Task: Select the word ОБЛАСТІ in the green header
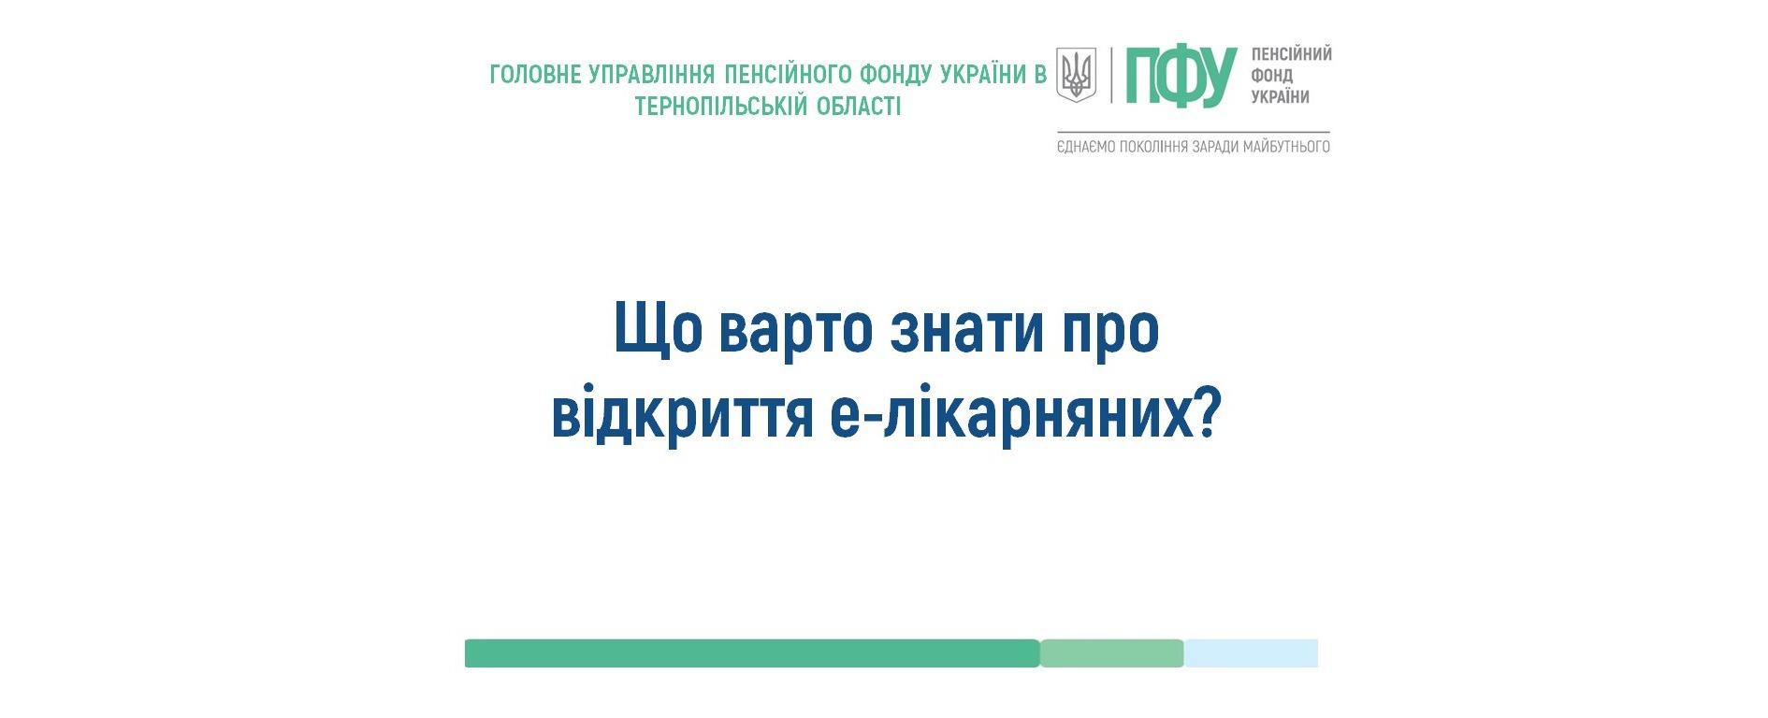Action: click(x=859, y=107)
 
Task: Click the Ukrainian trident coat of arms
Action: click(x=1076, y=75)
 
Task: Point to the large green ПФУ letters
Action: click(x=1181, y=76)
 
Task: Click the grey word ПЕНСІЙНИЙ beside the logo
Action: click(x=1292, y=54)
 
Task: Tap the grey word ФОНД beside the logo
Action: click(x=1272, y=76)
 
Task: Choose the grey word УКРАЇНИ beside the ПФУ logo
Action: click(x=1281, y=96)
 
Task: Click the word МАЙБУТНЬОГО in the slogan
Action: click(x=1286, y=147)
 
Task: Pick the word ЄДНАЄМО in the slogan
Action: click(x=1085, y=147)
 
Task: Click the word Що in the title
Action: click(x=659, y=329)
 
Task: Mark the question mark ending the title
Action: click(x=1210, y=412)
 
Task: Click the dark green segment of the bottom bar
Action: click(x=752, y=653)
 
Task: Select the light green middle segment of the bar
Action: click(x=1112, y=653)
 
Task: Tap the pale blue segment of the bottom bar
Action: click(x=1252, y=653)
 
